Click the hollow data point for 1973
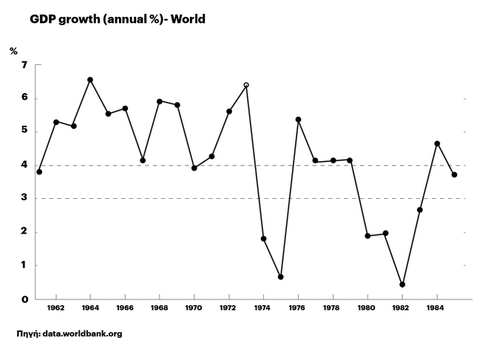[x=246, y=85]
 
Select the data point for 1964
[x=90, y=80]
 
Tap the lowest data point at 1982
[x=402, y=285]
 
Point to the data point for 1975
[x=281, y=276]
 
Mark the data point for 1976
[x=298, y=120]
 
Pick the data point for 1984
[x=437, y=143]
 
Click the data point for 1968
[x=160, y=101]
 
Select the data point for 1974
[x=263, y=239]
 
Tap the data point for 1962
[x=56, y=122]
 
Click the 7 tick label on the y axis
[x=24, y=65]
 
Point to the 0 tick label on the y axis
[x=24, y=299]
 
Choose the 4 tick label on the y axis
[x=24, y=166]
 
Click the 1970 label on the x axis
[x=194, y=307]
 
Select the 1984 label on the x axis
[x=437, y=307]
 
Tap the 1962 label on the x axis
[x=56, y=307]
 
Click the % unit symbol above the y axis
[x=13, y=51]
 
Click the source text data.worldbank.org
[x=82, y=334]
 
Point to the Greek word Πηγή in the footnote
[x=27, y=334]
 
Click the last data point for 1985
[x=454, y=174]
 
